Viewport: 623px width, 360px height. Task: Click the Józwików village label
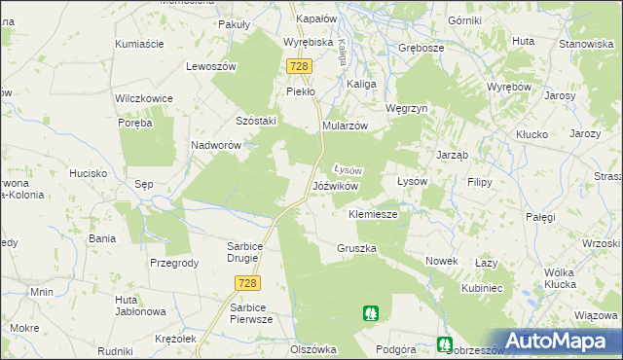tap(336, 185)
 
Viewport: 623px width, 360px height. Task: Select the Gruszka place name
tap(356, 248)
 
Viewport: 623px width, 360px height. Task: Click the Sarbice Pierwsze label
tap(248, 312)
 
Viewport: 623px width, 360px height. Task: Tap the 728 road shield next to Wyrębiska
tap(299, 66)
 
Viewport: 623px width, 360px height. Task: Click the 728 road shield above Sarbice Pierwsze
tap(246, 282)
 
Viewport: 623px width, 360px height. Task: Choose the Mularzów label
tap(344, 126)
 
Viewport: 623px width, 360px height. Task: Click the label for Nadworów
tap(216, 145)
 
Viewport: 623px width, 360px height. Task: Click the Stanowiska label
tap(585, 45)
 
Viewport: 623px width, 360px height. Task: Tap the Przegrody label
tap(174, 263)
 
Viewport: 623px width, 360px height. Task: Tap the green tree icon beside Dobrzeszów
tap(444, 343)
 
